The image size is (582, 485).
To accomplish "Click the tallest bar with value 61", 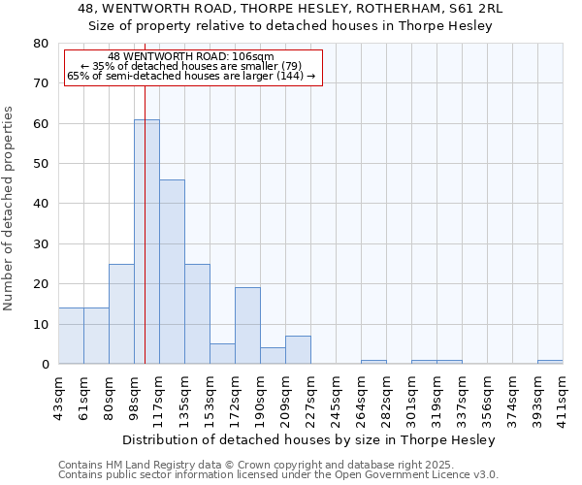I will pyautogui.click(x=146, y=242).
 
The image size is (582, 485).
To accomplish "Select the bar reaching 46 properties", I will pyautogui.click(x=172, y=272).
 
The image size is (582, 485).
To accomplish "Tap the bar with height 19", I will pyautogui.click(x=247, y=326).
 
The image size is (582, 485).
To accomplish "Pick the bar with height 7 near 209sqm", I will pyautogui.click(x=298, y=350).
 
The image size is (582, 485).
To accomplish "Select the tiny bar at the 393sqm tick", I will pyautogui.click(x=550, y=362).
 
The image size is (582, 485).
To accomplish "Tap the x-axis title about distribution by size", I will pyautogui.click(x=309, y=439).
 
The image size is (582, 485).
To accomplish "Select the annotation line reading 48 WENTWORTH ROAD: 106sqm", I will pyautogui.click(x=191, y=56).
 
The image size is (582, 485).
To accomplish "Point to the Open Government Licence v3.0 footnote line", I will pyautogui.click(x=278, y=475).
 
